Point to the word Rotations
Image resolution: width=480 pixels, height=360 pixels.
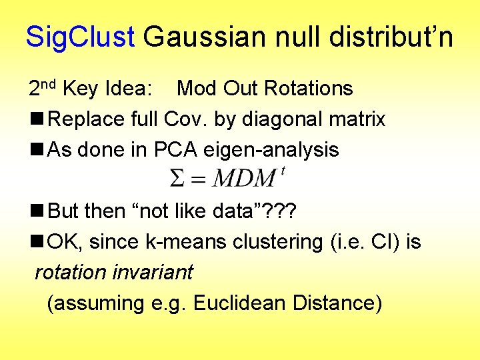308,88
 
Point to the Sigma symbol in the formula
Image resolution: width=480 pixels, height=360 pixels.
177,179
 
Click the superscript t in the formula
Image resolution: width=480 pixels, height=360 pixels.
283,171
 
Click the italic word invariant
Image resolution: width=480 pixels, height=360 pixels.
152,272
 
